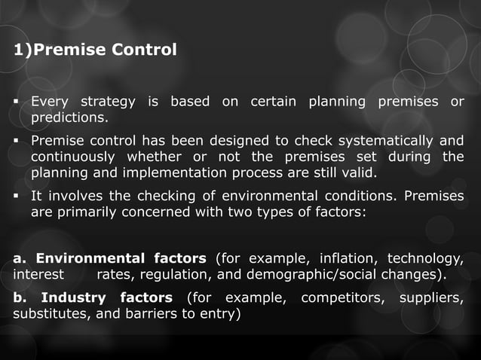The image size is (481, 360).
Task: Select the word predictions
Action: click(x=69, y=118)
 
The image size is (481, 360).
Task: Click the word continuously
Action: click(x=73, y=157)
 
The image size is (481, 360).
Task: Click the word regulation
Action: click(x=172, y=275)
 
